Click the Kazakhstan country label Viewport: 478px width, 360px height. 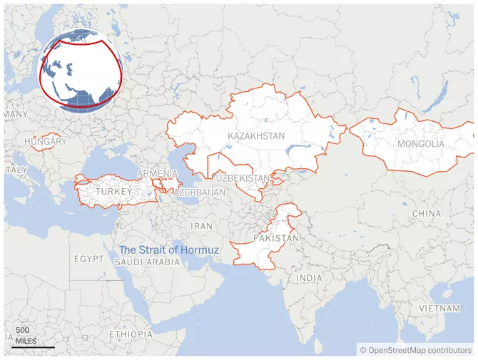pyautogui.click(x=256, y=135)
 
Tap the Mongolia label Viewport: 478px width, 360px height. pyautogui.click(x=420, y=144)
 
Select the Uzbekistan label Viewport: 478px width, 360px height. pyautogui.click(x=242, y=178)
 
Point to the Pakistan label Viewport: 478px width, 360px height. pyautogui.click(x=277, y=238)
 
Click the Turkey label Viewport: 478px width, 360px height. pyautogui.click(x=114, y=192)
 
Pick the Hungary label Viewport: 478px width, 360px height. pyautogui.click(x=45, y=142)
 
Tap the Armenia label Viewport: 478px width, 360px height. pyautogui.click(x=157, y=174)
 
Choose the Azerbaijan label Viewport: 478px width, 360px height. pyautogui.click(x=200, y=192)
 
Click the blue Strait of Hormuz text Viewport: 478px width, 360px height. pyautogui.click(x=169, y=250)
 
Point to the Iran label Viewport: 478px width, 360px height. pyautogui.click(x=201, y=226)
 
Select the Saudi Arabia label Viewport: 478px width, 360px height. pyautogui.click(x=147, y=262)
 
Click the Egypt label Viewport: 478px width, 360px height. pyautogui.click(x=88, y=259)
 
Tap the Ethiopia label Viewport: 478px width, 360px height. pyautogui.click(x=131, y=334)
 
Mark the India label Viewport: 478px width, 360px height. pyautogui.click(x=309, y=278)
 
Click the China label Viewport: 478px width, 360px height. pyautogui.click(x=427, y=214)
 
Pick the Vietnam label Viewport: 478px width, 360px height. pyautogui.click(x=439, y=307)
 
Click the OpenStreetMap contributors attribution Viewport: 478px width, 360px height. pyautogui.click(x=416, y=350)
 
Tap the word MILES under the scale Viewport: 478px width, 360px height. pyautogui.click(x=25, y=341)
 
